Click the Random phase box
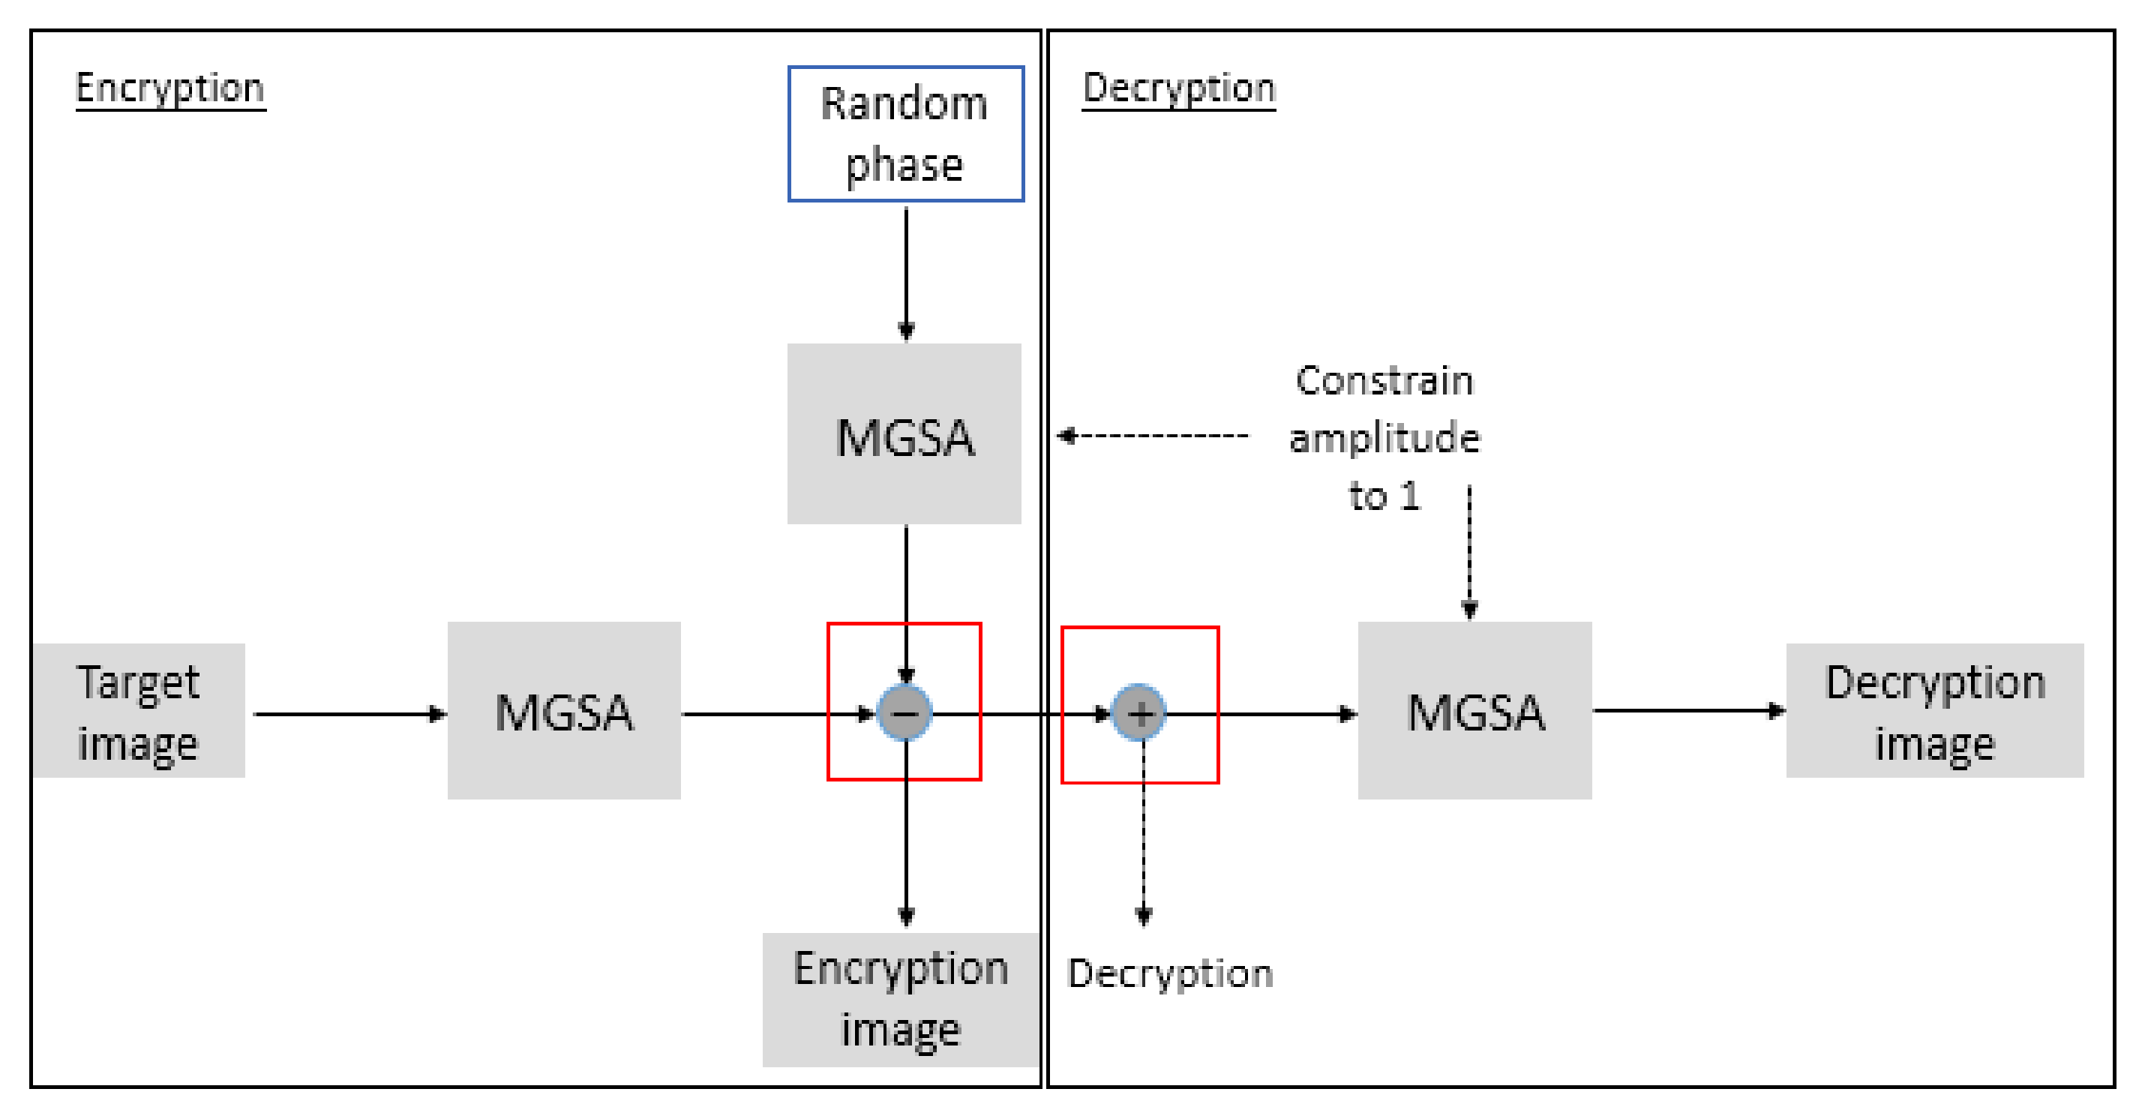905,134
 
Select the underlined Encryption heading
169,88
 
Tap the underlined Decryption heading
1178,88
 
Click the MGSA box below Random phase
904,433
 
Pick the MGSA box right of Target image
564,711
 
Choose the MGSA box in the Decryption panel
1474,711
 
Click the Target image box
139,711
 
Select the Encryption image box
901,999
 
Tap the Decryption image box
1934,711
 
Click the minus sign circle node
905,712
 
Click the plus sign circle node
1140,712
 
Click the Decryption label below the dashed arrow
1170,973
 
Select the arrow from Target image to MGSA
349,713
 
